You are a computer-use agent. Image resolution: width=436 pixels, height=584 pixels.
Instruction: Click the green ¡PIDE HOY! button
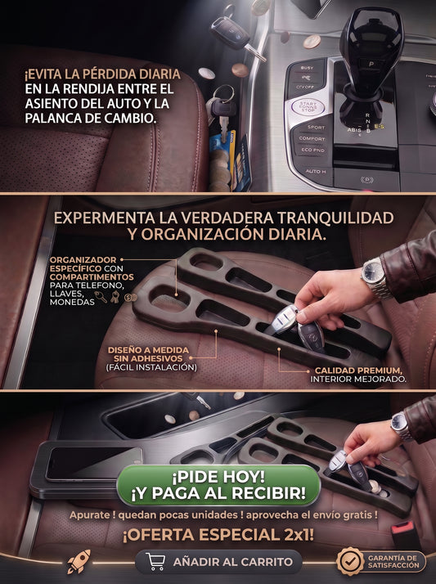(218, 485)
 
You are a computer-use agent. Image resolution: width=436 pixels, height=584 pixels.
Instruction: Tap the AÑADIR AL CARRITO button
(218, 562)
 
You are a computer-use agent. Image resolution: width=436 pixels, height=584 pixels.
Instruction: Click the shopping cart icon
(155, 561)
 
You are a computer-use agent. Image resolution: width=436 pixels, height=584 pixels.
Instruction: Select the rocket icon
(79, 561)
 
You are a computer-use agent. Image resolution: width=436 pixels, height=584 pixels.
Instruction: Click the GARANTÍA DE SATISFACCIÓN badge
(381, 562)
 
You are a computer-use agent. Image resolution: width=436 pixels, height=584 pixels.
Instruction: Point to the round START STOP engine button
(308, 107)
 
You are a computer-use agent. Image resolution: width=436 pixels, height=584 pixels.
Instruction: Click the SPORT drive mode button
(316, 128)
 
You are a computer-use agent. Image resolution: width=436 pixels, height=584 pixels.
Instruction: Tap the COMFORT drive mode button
(312, 138)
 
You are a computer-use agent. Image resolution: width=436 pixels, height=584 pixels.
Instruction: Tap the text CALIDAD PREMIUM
(358, 371)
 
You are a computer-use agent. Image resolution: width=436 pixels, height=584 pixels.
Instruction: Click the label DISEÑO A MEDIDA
(148, 350)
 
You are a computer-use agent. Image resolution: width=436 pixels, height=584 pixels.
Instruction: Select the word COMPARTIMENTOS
(92, 277)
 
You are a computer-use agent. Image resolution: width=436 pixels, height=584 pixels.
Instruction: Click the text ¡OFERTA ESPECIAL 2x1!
(218, 535)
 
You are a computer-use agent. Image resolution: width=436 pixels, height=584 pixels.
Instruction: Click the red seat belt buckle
(403, 533)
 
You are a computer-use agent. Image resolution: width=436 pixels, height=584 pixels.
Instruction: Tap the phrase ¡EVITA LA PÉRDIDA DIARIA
(102, 74)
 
